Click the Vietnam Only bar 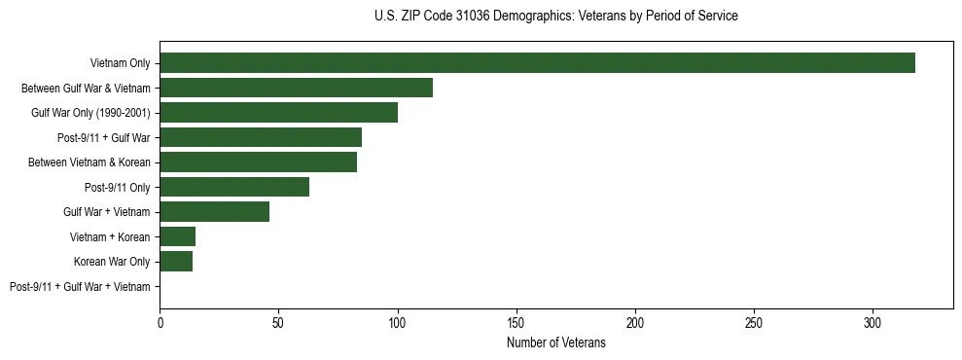tap(537, 63)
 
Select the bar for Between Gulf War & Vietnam tap(296, 88)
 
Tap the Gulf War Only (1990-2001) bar tap(278, 113)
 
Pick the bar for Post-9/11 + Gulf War tap(261, 137)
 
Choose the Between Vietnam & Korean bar tap(258, 162)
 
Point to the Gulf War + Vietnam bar tap(214, 212)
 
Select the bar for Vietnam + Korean tap(177, 236)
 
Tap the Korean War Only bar tap(176, 262)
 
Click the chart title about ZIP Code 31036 tap(555, 17)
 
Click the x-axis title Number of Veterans tap(555, 343)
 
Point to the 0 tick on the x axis tap(160, 322)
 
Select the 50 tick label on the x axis tap(278, 322)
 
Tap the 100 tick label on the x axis tap(397, 322)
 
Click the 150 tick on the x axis tap(517, 322)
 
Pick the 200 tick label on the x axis tap(635, 322)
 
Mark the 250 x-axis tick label tap(754, 322)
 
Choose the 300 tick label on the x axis tap(873, 322)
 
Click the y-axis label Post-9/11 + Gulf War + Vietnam tap(80, 286)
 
